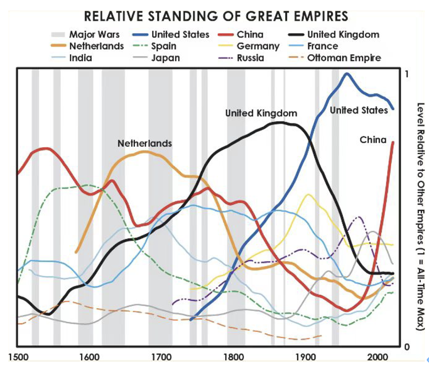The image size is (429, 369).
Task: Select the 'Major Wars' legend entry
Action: (x=85, y=35)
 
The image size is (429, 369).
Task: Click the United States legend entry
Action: (x=171, y=35)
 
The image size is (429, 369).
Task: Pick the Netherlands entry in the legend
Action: (x=88, y=46)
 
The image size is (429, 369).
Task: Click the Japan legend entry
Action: (x=165, y=58)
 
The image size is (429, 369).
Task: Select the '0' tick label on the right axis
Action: (x=406, y=346)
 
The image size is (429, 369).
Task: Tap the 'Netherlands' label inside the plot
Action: (x=145, y=143)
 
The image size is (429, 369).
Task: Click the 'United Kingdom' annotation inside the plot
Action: (x=261, y=113)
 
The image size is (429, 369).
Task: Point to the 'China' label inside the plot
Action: (x=373, y=140)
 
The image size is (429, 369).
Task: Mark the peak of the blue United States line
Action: (x=347, y=74)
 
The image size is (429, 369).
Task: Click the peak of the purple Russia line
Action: (x=359, y=217)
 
